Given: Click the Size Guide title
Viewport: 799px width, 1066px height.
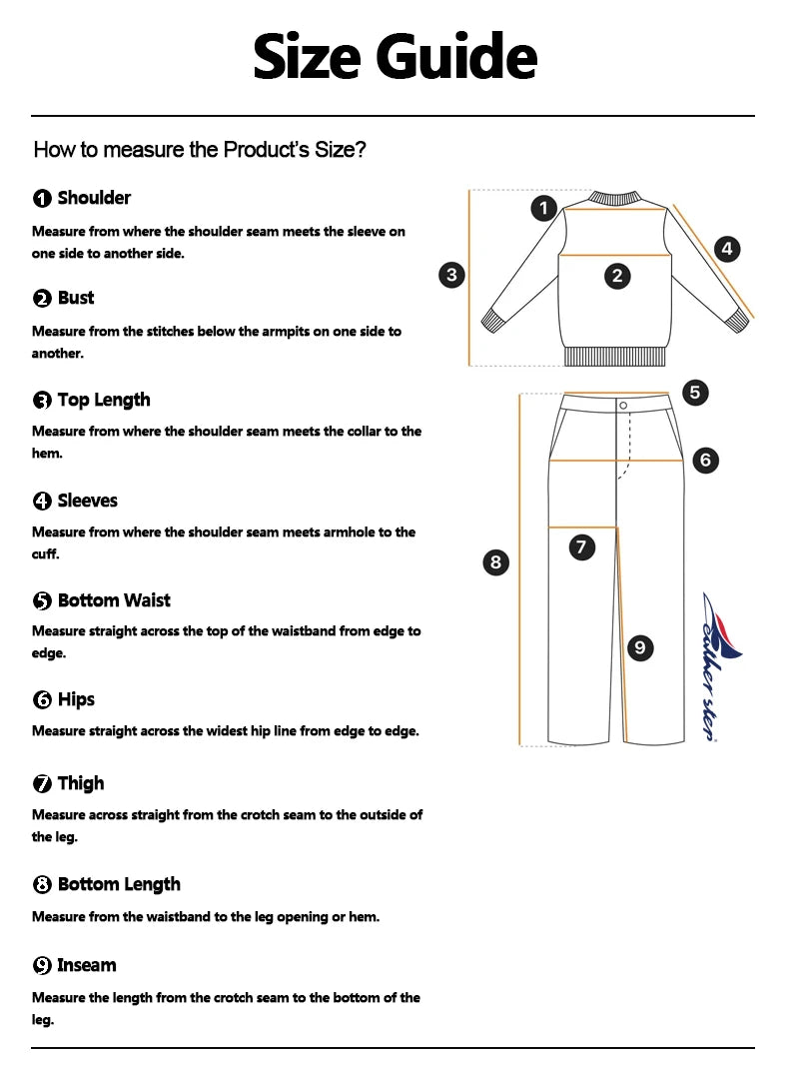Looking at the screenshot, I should pyautogui.click(x=396, y=57).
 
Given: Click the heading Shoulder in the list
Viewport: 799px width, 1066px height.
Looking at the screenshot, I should pyautogui.click(x=94, y=198).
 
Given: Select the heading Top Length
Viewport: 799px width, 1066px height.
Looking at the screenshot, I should pyautogui.click(x=104, y=400).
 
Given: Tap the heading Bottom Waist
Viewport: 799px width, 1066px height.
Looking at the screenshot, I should pyautogui.click(x=114, y=600).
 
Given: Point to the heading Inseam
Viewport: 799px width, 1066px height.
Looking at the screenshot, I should pyautogui.click(x=87, y=965).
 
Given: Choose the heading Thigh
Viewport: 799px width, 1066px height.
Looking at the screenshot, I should pyautogui.click(x=81, y=783).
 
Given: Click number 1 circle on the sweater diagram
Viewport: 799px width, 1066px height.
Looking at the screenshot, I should pyautogui.click(x=543, y=208).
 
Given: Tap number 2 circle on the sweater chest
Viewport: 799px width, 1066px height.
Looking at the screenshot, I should pyautogui.click(x=617, y=276).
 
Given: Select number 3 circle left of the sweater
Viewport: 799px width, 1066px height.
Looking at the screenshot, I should pyautogui.click(x=451, y=275).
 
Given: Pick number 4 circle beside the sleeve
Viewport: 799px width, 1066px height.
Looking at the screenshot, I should pyautogui.click(x=727, y=248).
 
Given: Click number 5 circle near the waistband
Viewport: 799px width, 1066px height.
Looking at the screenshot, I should pyautogui.click(x=695, y=393).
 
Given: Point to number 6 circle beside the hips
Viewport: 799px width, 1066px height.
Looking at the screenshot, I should pyautogui.click(x=705, y=460).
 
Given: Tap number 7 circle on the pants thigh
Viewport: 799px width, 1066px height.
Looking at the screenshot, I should pyautogui.click(x=581, y=546).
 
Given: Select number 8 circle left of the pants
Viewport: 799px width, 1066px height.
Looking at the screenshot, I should pyautogui.click(x=495, y=561).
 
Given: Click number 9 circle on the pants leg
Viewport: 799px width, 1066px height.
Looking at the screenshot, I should pyautogui.click(x=639, y=647).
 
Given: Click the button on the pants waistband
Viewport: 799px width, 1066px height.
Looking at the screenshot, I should pyautogui.click(x=623, y=405).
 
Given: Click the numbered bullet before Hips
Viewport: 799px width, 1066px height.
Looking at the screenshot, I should pyautogui.click(x=42, y=700).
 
